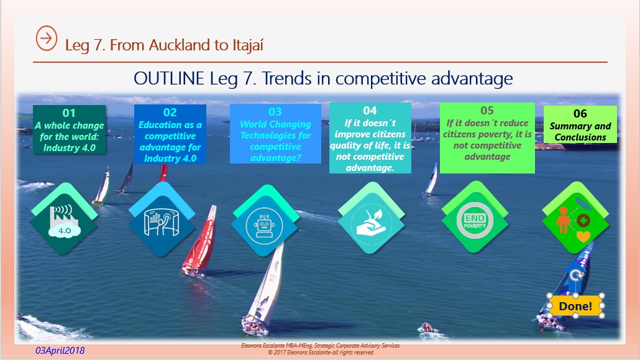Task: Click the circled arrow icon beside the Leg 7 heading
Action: [x=47, y=39]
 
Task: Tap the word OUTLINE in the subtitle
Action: [x=169, y=78]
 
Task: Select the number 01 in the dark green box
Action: [x=69, y=113]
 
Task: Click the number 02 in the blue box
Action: [x=170, y=113]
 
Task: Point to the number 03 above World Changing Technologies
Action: [x=275, y=111]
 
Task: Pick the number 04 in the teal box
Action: [x=370, y=110]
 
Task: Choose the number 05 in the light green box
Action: [x=487, y=110]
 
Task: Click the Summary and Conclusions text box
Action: [x=580, y=124]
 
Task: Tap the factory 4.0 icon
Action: [x=64, y=221]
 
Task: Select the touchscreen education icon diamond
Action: [x=162, y=219]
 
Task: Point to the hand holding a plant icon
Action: [x=370, y=223]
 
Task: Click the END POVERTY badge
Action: [x=475, y=221]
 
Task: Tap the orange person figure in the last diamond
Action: [x=564, y=220]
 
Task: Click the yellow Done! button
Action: [x=575, y=306]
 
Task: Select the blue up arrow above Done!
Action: [x=575, y=277]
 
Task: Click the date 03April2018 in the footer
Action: [x=60, y=351]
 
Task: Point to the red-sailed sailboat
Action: [x=200, y=242]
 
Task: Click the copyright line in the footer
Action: [x=321, y=353]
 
